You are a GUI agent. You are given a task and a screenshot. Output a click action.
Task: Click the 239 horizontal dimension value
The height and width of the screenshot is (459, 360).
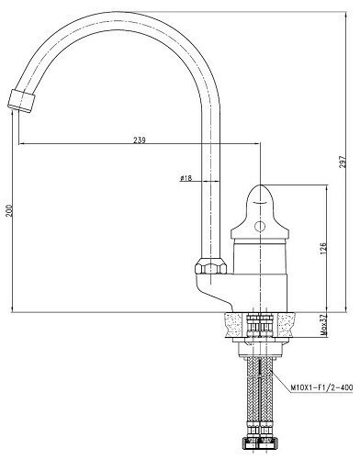click(x=140, y=140)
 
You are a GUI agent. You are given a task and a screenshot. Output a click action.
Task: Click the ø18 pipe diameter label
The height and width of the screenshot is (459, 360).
click(x=186, y=178)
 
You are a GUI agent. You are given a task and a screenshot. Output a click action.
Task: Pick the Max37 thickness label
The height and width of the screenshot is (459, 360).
click(x=322, y=324)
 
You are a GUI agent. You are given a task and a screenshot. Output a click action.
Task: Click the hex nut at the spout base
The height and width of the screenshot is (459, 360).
click(x=209, y=269)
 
